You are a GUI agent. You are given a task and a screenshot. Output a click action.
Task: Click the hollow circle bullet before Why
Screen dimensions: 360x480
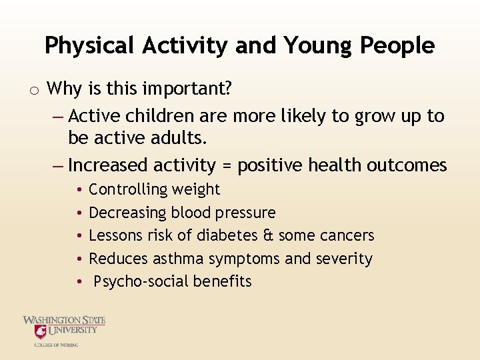pos(34,89)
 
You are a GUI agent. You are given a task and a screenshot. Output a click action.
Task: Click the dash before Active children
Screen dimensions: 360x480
pos(57,117)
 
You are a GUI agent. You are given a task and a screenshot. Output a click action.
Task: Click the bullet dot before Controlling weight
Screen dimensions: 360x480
pos(79,190)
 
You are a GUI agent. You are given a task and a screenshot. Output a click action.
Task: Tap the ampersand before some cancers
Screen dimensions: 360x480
pos(268,235)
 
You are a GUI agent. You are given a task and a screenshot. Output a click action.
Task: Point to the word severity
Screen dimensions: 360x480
pos(345,259)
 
